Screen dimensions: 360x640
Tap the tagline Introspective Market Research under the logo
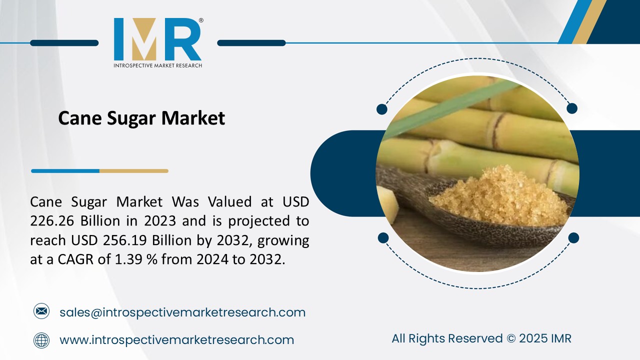click(157, 65)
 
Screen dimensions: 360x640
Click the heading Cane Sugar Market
click(141, 118)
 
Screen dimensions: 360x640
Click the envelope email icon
click(41, 312)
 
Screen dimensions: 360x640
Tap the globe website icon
click(41, 340)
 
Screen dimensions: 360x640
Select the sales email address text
click(182, 312)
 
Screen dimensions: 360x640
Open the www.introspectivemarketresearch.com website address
click(176, 340)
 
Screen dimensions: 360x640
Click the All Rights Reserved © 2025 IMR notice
click(481, 338)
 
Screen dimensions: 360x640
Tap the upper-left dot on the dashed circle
click(381, 109)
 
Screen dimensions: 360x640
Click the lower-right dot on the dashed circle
click(573, 237)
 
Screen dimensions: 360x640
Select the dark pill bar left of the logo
click(64, 43)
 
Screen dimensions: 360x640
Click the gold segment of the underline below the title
click(133, 171)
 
